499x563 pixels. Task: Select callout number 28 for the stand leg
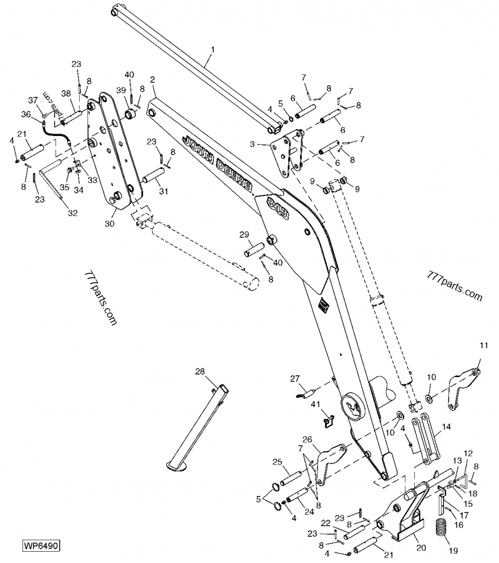point(200,372)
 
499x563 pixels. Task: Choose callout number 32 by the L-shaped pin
point(73,213)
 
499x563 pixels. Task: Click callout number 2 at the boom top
point(153,81)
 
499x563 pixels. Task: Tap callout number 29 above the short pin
point(244,235)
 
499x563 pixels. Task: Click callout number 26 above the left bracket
point(307,439)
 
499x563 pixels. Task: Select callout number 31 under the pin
point(163,191)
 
